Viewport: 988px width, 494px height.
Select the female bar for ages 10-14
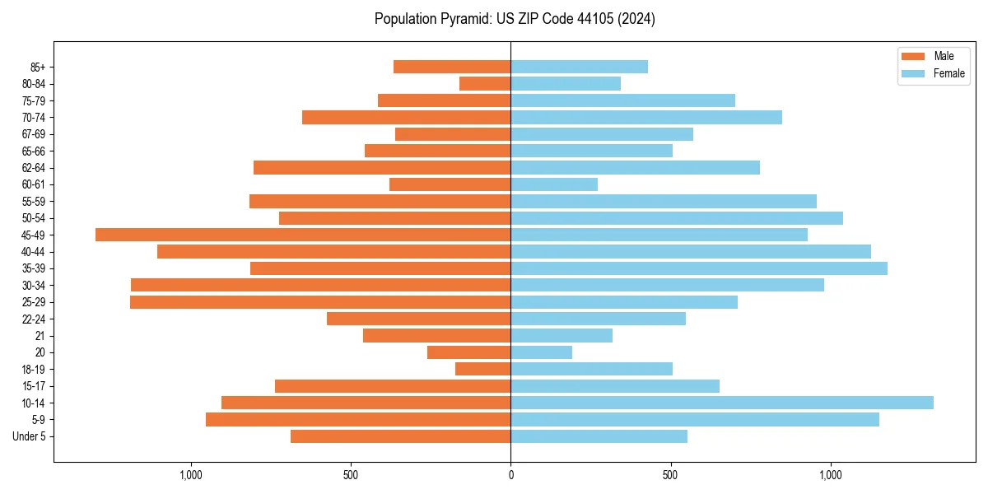click(x=722, y=403)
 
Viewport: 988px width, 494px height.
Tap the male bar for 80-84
click(x=485, y=83)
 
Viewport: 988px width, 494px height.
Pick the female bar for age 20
click(x=541, y=352)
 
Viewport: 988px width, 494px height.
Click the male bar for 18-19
click(x=483, y=369)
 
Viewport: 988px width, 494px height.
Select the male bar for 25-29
click(x=320, y=302)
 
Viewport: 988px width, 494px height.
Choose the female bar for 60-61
click(x=554, y=184)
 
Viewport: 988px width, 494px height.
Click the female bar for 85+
click(x=579, y=67)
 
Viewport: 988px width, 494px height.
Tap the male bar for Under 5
click(x=401, y=436)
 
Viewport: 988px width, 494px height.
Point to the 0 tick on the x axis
click(x=510, y=475)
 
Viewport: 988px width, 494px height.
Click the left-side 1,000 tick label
click(x=190, y=475)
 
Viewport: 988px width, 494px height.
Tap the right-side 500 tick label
click(x=670, y=475)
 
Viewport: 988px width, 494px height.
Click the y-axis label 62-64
click(x=34, y=168)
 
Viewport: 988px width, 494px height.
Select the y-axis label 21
click(x=40, y=336)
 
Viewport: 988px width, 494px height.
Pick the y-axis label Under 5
click(x=30, y=436)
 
